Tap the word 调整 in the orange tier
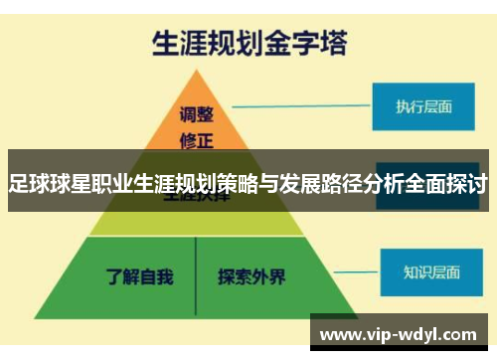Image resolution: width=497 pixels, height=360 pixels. pos(197,112)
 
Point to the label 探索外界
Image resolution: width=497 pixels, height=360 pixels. pos(251,274)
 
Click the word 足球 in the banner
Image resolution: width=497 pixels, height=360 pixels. pos(28,184)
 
